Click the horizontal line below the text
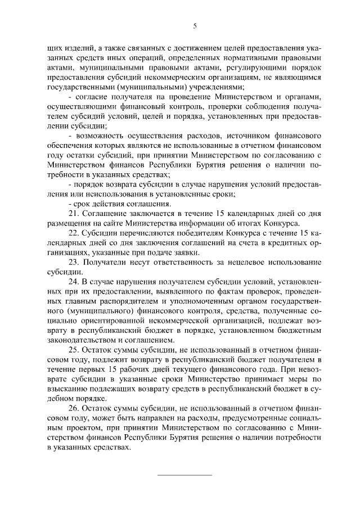click(184, 475)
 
